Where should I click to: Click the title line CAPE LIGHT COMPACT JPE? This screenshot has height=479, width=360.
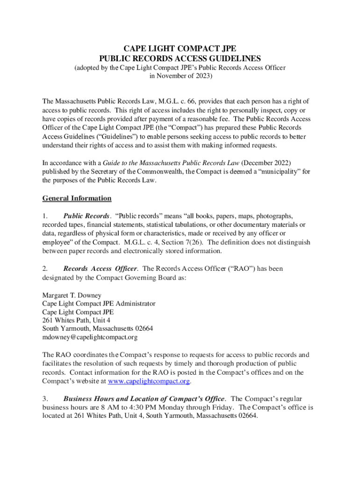tap(180, 49)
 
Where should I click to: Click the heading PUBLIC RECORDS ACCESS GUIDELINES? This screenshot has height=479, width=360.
tap(180, 58)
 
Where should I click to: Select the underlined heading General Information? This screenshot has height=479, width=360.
tap(77, 198)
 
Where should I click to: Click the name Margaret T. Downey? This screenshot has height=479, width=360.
tap(72, 296)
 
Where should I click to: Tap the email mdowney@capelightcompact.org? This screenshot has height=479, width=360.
tap(90, 337)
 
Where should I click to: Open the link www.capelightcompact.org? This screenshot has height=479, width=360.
tap(149, 381)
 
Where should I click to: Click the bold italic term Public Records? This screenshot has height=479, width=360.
tap(86, 216)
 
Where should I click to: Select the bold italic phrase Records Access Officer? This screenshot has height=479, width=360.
tap(100, 269)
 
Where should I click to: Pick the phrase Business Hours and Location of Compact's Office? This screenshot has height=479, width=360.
tap(144, 399)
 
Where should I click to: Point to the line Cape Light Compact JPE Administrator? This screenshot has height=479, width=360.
tap(99, 304)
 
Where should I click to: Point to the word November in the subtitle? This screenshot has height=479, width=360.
tap(171, 76)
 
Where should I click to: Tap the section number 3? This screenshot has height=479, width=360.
tap(44, 399)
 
